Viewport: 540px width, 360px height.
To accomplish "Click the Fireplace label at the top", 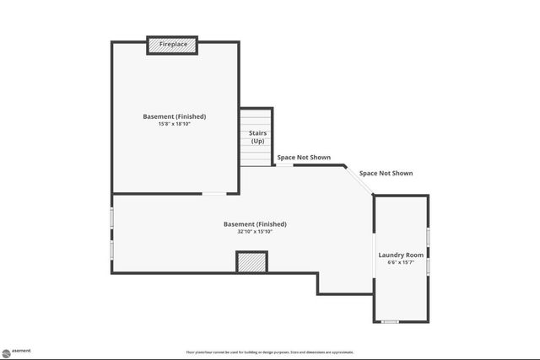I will pyautogui.click(x=173, y=43).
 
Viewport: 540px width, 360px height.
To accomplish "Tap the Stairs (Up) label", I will pyautogui.click(x=257, y=137).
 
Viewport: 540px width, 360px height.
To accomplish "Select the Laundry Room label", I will pyautogui.click(x=401, y=255).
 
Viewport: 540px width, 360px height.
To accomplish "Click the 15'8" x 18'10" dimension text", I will pyautogui.click(x=175, y=124).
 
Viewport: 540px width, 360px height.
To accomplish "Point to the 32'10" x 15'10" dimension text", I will pyautogui.click(x=255, y=231).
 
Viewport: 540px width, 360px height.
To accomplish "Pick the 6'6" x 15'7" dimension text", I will pyautogui.click(x=401, y=262).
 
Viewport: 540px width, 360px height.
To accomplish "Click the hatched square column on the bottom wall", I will pyautogui.click(x=251, y=263).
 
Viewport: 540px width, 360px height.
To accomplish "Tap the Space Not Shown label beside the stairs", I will pyautogui.click(x=304, y=158).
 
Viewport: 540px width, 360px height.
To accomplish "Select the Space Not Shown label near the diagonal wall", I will pyautogui.click(x=386, y=173).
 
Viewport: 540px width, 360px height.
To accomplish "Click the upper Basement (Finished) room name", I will pyautogui.click(x=175, y=116).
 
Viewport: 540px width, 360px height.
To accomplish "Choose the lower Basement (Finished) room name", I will pyautogui.click(x=255, y=223).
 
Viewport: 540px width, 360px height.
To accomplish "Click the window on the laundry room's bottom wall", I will pyautogui.click(x=390, y=321).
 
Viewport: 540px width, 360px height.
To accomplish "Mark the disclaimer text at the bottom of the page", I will pyautogui.click(x=270, y=352).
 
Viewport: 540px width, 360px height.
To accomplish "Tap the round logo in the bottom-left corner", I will pyautogui.click(x=5, y=352).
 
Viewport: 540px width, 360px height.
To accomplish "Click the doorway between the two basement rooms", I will pyautogui.click(x=213, y=195).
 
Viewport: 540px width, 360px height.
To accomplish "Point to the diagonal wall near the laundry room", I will pyautogui.click(x=359, y=180).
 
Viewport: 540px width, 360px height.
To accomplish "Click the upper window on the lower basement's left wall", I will pyautogui.click(x=112, y=217).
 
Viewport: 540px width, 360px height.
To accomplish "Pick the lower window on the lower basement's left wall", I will pyautogui.click(x=112, y=251).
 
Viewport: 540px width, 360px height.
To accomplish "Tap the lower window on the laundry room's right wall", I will pyautogui.click(x=428, y=266).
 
